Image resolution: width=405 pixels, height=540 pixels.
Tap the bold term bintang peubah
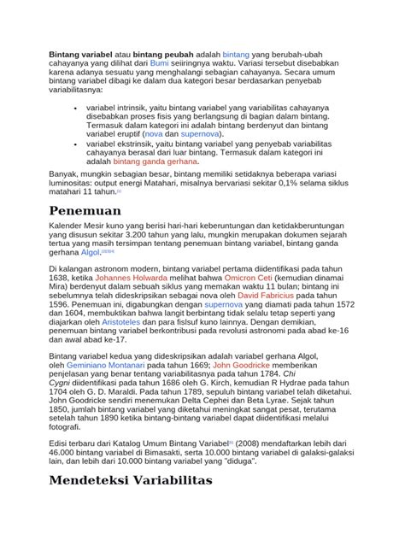tap(165, 52)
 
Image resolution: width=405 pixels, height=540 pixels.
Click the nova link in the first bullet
tap(154, 134)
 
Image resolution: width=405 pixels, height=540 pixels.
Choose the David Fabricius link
tap(269, 318)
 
